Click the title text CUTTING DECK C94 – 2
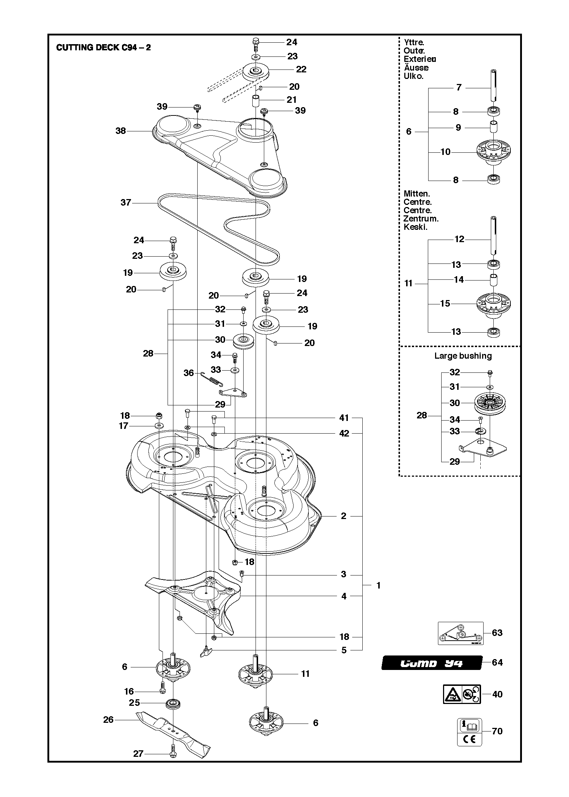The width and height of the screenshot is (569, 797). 104,48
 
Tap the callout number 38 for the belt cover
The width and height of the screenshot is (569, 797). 121,131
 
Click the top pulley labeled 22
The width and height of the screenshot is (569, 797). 256,71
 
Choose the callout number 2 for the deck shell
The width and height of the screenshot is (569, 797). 343,516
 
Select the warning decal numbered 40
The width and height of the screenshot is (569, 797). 462,694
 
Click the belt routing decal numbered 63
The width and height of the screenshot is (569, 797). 460,633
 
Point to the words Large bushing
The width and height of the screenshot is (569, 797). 463,356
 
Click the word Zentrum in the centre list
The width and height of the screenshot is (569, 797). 421,219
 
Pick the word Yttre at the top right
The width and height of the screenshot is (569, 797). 414,42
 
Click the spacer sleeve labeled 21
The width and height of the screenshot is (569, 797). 256,100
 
